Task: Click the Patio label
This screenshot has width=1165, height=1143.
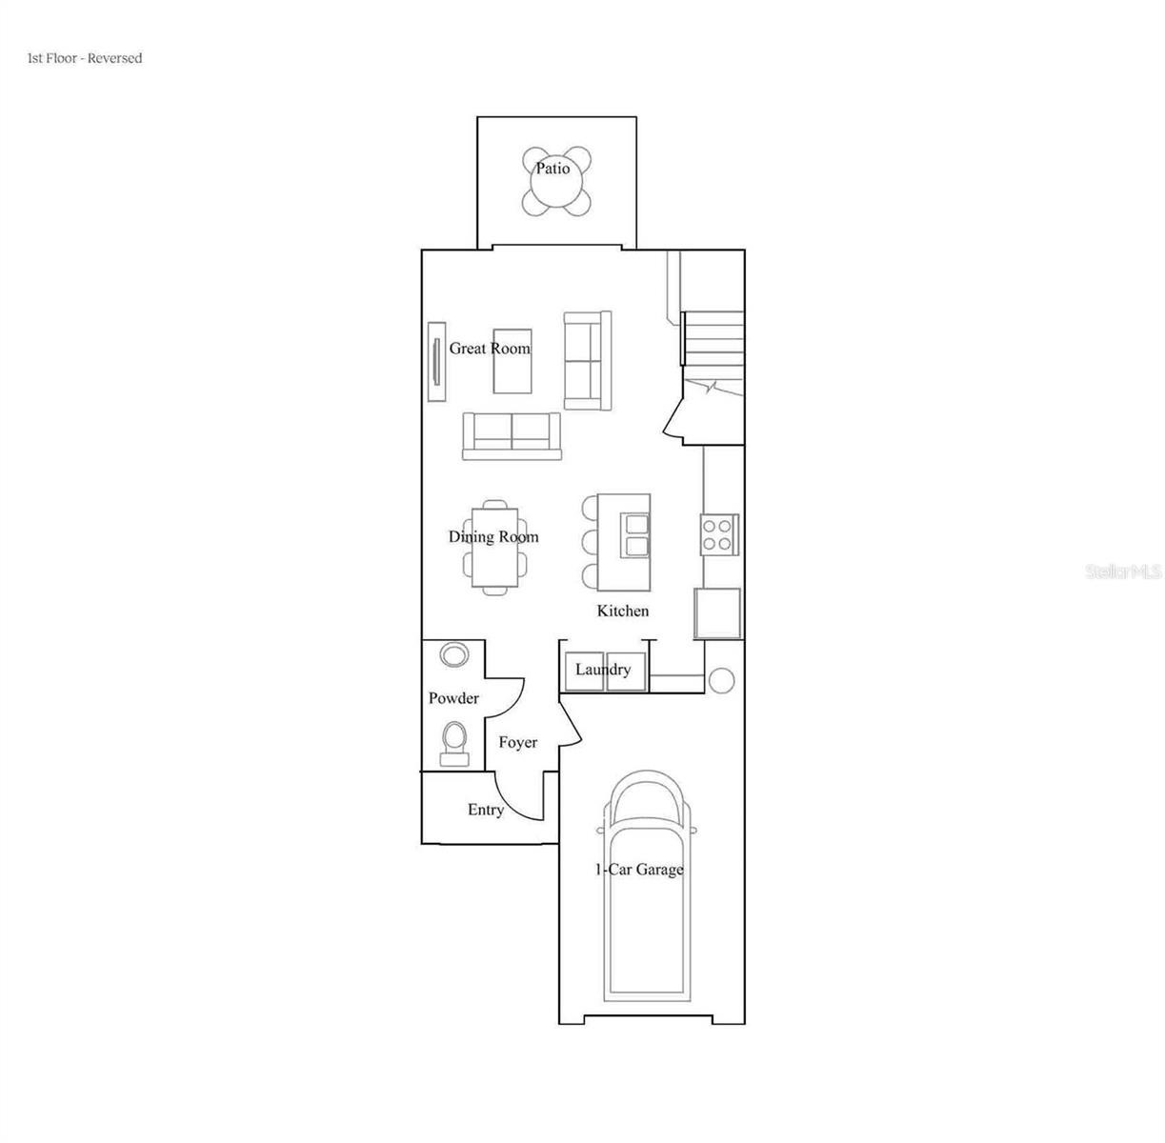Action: (552, 169)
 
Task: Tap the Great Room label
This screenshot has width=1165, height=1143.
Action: (490, 349)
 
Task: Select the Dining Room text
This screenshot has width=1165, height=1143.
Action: (493, 537)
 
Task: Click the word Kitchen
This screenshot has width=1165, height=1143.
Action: (623, 611)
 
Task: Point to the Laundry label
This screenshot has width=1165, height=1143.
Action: (603, 670)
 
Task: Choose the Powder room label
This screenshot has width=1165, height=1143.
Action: (453, 698)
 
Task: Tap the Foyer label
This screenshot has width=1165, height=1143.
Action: (518, 743)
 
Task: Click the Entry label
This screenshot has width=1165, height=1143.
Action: (486, 810)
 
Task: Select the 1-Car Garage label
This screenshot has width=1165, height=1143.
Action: (639, 870)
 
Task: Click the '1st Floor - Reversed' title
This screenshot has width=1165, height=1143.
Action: (85, 58)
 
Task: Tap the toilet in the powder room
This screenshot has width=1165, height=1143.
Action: (454, 744)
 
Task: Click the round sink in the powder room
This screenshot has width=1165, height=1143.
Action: (454, 654)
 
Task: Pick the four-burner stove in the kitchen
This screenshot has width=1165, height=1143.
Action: (719, 534)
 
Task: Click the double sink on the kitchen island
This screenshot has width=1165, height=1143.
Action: (634, 536)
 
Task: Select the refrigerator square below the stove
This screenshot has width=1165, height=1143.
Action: (717, 613)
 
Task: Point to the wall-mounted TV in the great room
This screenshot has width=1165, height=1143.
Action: (436, 362)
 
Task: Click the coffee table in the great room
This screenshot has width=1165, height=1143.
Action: (512, 361)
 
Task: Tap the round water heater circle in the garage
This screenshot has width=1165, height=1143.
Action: (721, 681)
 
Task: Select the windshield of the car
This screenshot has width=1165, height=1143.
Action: (648, 809)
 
